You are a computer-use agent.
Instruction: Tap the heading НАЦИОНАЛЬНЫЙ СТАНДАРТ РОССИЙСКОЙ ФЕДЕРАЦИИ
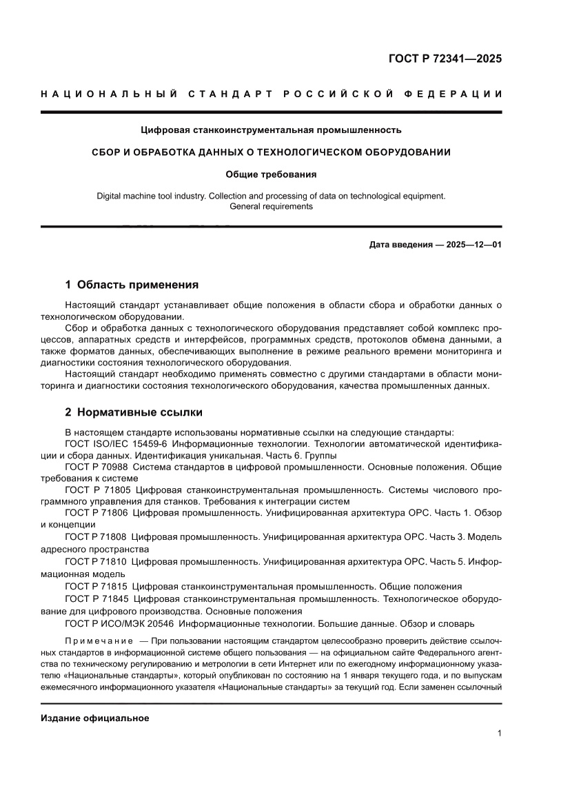tap(271, 94)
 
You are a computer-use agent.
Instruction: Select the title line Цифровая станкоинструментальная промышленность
tap(271, 129)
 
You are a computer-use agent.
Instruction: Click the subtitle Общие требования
tap(271, 174)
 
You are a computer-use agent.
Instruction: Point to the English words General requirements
tap(271, 206)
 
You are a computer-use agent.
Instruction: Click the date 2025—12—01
tap(465, 245)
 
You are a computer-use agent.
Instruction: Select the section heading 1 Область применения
tap(132, 284)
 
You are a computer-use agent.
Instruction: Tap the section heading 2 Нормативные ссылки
tap(134, 412)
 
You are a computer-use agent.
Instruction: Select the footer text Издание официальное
tap(95, 718)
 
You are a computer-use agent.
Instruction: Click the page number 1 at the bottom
tap(498, 734)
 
